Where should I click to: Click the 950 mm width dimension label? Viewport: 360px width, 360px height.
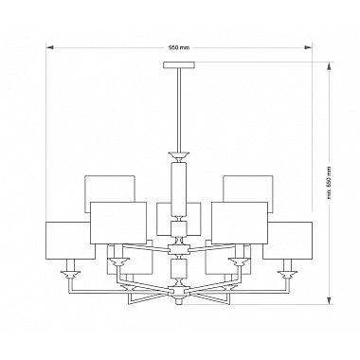click(x=179, y=47)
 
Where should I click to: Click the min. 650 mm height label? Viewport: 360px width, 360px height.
click(x=330, y=183)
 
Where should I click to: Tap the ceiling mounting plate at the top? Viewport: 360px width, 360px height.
click(x=179, y=65)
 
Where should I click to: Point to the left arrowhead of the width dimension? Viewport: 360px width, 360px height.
click(x=49, y=47)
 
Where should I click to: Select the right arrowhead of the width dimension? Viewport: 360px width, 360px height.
click(x=308, y=47)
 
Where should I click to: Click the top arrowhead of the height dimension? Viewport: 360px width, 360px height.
click(x=330, y=66)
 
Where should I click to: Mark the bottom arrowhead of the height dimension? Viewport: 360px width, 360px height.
click(x=330, y=300)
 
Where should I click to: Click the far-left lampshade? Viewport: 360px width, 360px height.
click(x=70, y=241)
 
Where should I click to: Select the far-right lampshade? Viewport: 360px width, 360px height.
click(x=287, y=241)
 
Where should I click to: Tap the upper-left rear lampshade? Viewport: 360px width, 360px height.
click(x=110, y=189)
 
